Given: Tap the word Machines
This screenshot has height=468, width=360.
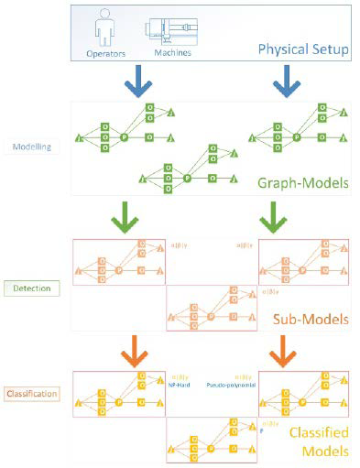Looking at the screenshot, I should tap(171, 52).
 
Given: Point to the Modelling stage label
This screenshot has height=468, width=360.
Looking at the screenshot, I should tap(32, 145).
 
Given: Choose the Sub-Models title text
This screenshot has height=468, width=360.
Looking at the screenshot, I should tap(306, 321).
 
